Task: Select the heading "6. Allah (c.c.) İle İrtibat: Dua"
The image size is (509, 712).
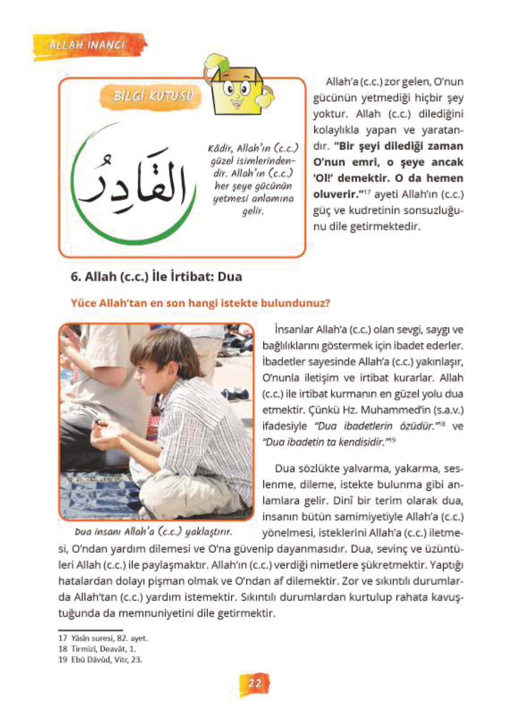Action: tap(156, 276)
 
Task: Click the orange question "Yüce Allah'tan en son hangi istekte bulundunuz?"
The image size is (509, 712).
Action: tap(200, 303)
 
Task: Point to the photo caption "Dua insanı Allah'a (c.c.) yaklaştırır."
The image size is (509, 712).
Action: tap(153, 532)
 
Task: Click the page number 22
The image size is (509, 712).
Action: tap(254, 683)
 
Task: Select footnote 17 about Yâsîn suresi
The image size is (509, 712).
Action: tap(103, 638)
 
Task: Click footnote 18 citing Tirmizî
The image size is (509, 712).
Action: tap(97, 649)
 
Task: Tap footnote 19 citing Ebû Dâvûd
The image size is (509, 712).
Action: tap(100, 659)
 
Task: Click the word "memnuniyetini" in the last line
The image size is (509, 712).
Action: tap(149, 613)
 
